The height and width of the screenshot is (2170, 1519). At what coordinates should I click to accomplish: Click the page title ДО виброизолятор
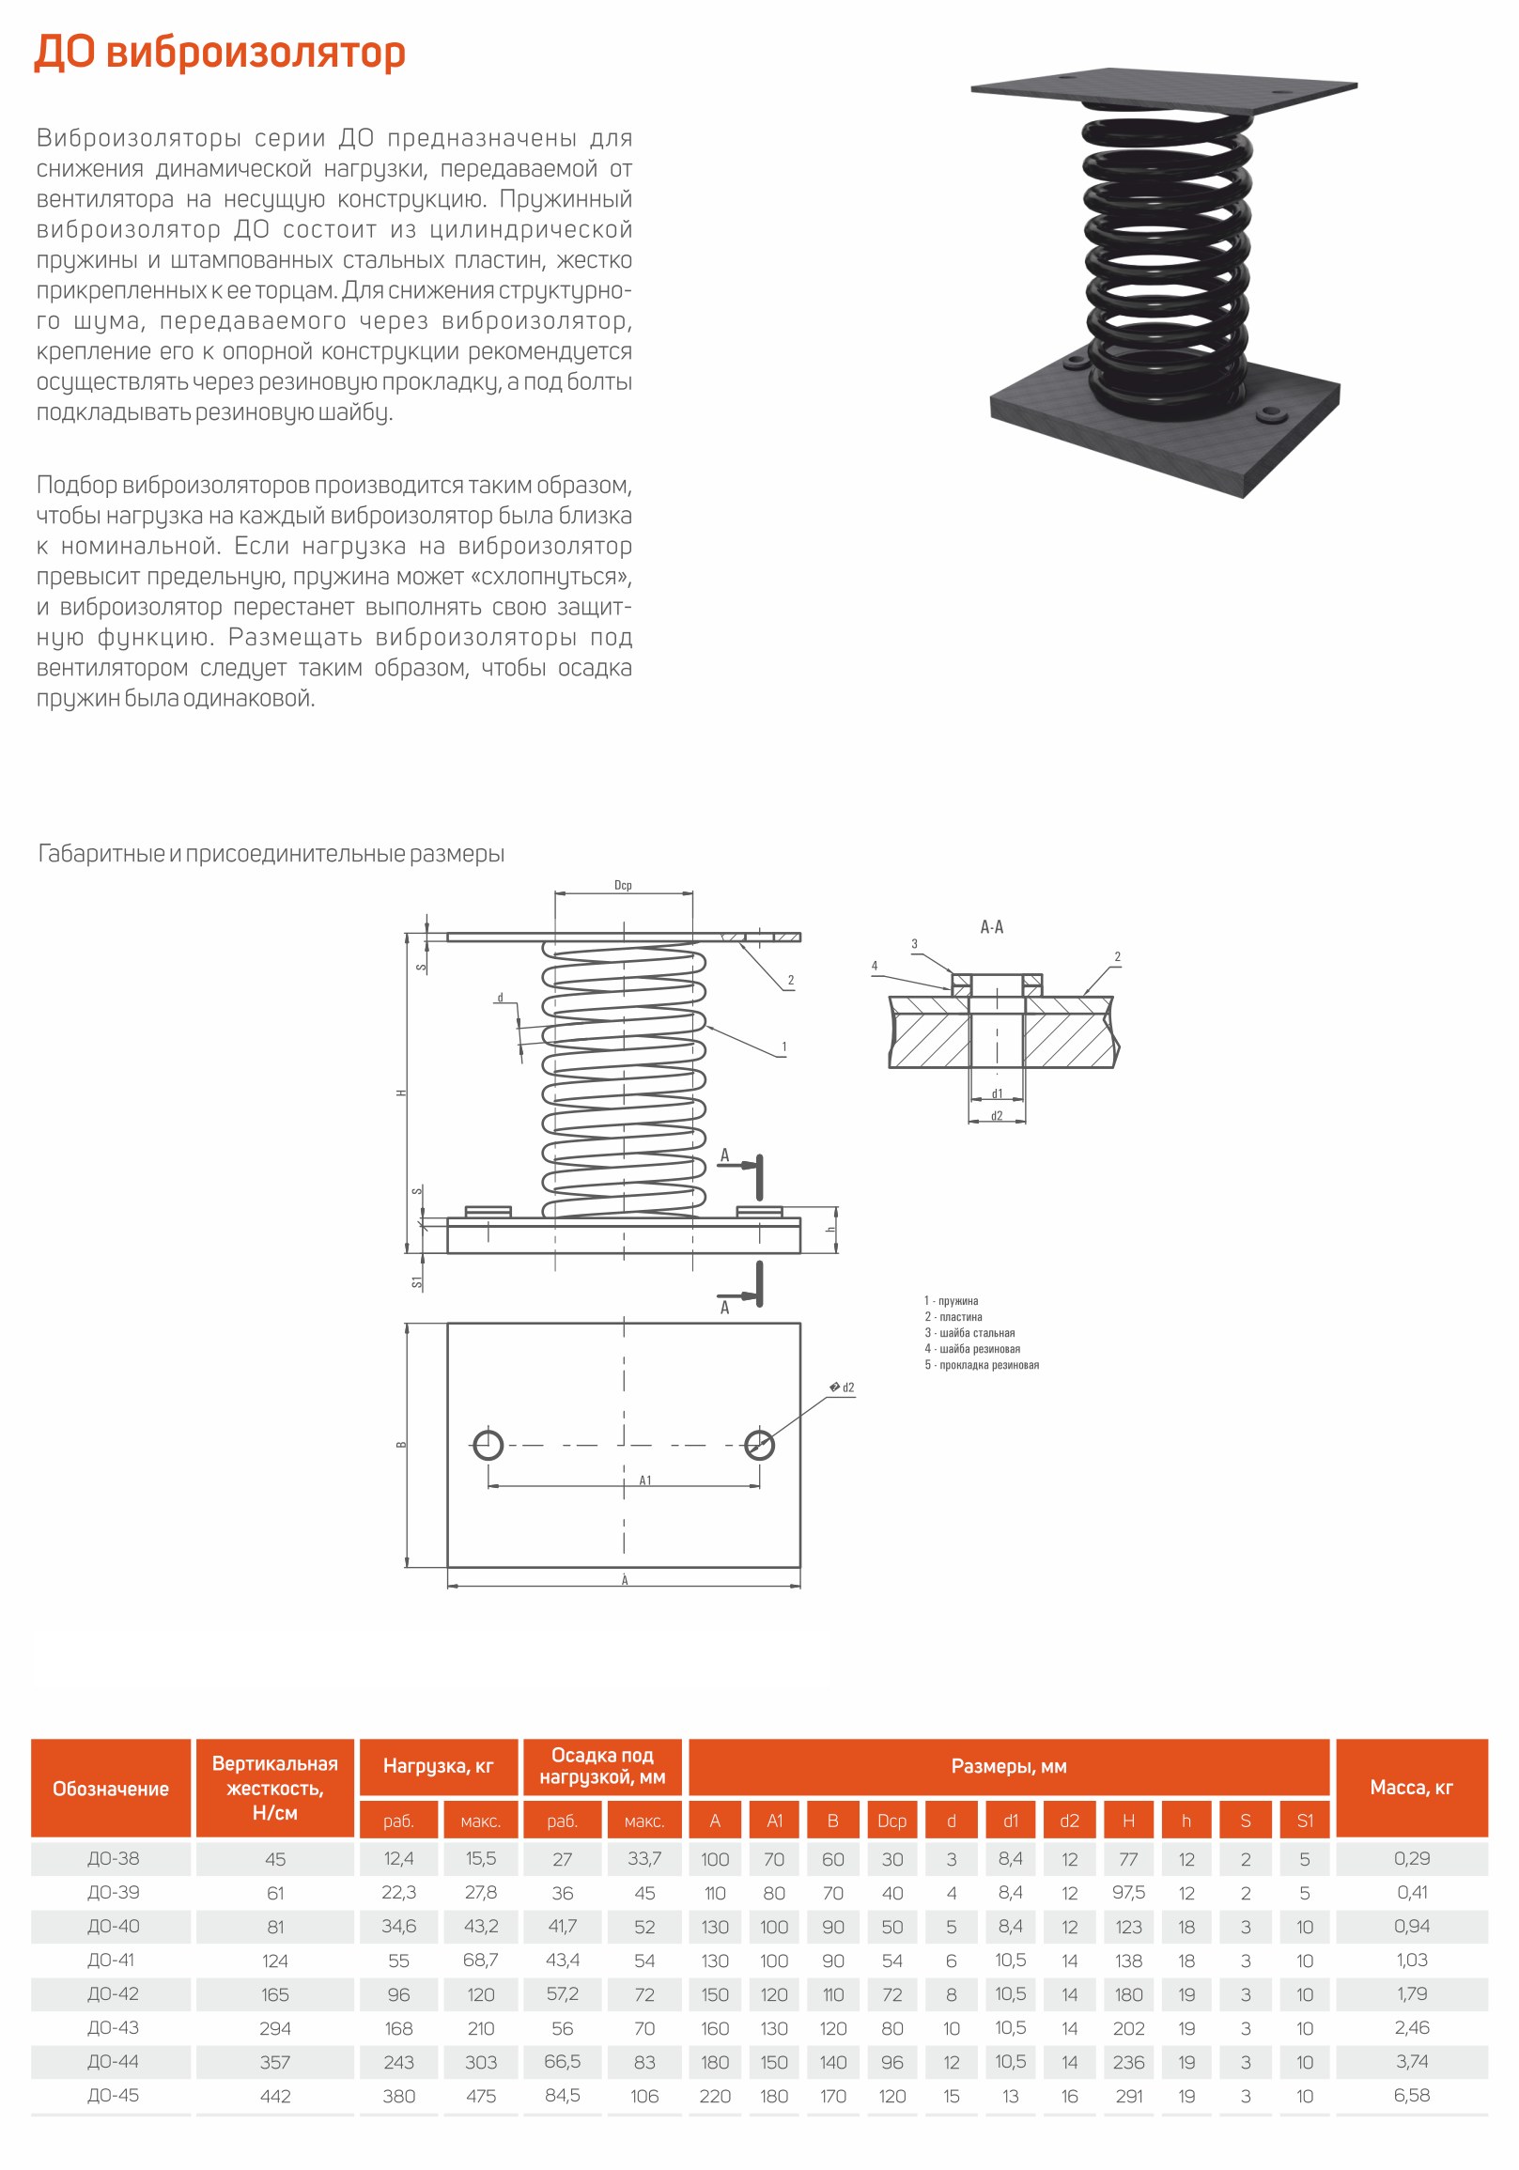[x=220, y=52]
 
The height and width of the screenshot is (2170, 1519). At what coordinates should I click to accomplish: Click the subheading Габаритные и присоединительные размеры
[x=271, y=854]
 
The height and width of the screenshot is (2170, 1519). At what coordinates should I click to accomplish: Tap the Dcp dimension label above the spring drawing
[x=623, y=886]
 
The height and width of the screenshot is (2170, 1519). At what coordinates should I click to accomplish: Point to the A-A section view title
[x=992, y=927]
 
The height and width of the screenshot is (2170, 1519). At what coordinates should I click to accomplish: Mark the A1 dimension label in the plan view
[x=645, y=1481]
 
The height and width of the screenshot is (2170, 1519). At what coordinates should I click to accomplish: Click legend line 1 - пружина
[x=951, y=1301]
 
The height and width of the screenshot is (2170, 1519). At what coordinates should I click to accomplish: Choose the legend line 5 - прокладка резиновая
[x=981, y=1365]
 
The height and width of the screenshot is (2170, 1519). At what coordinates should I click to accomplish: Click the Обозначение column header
[x=111, y=1790]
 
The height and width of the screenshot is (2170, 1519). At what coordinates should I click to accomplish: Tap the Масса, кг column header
[x=1411, y=1788]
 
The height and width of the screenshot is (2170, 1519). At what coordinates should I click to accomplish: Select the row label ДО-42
[x=114, y=1994]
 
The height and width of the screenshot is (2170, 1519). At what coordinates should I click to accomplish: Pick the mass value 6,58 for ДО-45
[x=1412, y=2096]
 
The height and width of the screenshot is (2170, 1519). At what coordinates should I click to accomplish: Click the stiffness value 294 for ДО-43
[x=275, y=2028]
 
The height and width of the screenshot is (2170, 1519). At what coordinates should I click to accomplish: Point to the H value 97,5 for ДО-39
[x=1128, y=1893]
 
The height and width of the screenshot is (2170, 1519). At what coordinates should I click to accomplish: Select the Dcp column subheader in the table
[x=891, y=1821]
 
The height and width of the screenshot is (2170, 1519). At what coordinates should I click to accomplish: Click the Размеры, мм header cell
[x=1009, y=1766]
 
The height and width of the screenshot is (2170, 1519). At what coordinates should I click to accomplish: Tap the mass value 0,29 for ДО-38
[x=1412, y=1859]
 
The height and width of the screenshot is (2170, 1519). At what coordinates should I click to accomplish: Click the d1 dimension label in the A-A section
[x=998, y=1093]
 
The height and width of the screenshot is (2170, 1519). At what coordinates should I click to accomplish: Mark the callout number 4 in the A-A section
[x=875, y=966]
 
